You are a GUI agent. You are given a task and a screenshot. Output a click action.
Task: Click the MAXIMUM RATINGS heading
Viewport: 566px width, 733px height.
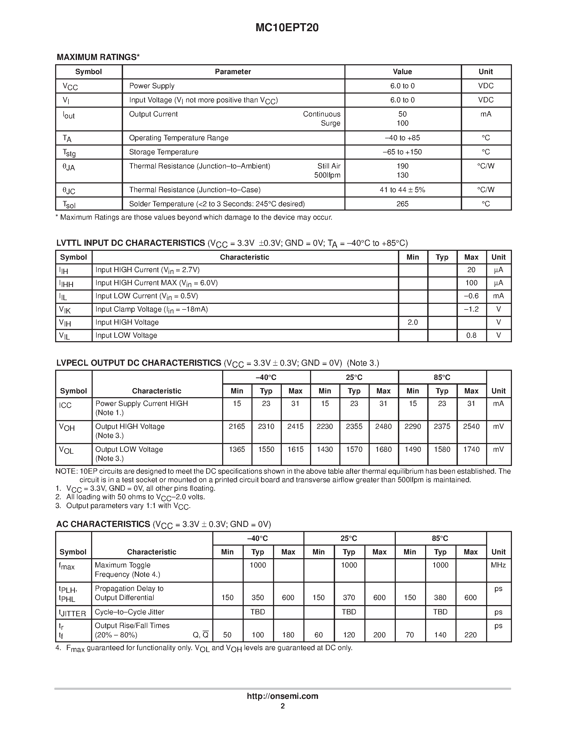tap(98, 57)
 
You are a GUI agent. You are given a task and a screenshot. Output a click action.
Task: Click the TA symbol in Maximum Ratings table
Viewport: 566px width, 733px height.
tap(67, 138)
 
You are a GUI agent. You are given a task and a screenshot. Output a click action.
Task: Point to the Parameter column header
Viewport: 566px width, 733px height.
tap(233, 72)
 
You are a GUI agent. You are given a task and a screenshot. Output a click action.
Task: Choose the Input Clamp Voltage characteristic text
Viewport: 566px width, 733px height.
tap(152, 309)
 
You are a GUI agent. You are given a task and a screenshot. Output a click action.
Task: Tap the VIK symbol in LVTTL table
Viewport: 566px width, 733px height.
tap(65, 310)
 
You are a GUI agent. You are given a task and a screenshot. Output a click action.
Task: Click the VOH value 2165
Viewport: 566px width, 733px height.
tap(237, 426)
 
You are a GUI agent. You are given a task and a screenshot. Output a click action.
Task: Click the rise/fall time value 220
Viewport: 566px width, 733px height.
tap(470, 635)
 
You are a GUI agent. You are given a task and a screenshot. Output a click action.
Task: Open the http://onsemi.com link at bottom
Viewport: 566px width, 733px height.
tap(282, 696)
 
